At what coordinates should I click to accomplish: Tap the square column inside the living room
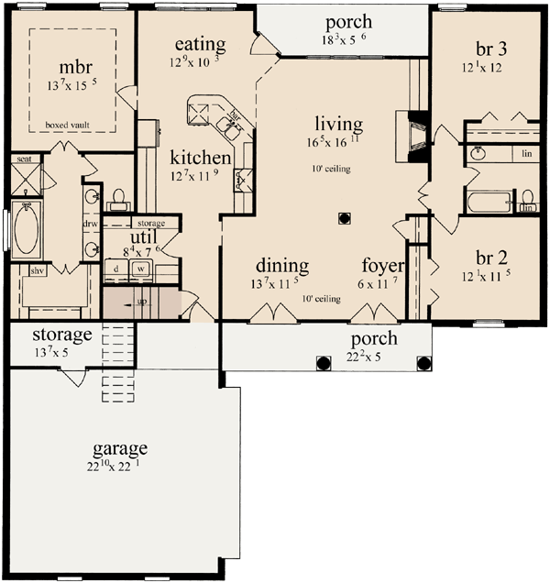pos(345,218)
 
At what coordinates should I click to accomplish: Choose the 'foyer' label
pos(383,267)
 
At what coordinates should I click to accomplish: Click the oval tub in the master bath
pos(26,233)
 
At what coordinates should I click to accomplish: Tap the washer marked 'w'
pos(142,269)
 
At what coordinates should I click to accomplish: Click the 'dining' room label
pos(281,267)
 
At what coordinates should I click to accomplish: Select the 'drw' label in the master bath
pos(91,223)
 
